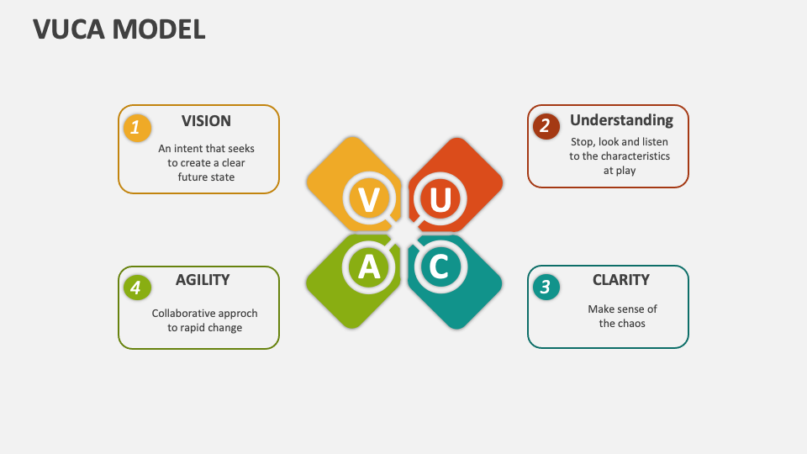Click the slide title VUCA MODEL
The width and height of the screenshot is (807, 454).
[x=119, y=29]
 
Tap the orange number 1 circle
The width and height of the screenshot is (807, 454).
[x=137, y=129]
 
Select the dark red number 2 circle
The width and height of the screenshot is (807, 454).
[x=546, y=126]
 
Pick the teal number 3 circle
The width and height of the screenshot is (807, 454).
[x=546, y=287]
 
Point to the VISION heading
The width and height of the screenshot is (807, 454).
[x=206, y=121]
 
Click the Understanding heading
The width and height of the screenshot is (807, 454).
[x=621, y=120]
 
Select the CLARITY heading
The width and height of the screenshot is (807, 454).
[x=620, y=280]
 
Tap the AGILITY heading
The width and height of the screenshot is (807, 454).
[x=203, y=280]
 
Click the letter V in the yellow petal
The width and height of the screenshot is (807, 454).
[x=368, y=200]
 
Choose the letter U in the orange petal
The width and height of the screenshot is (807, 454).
[x=440, y=200]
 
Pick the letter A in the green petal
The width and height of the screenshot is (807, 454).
[x=368, y=267]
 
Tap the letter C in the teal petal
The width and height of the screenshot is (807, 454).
[x=439, y=267]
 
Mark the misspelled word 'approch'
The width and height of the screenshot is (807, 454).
[x=238, y=314]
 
